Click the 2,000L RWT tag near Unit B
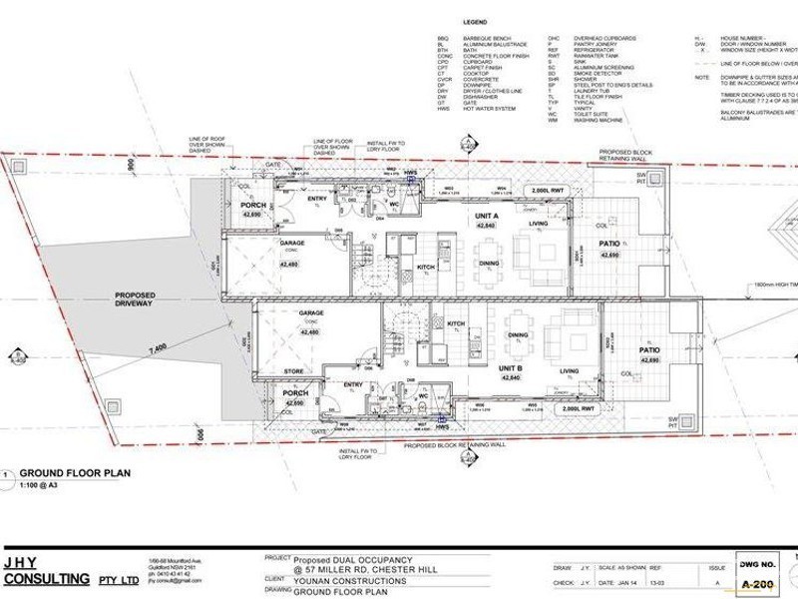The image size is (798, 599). [x=580, y=408]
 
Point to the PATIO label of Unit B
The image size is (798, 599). [x=649, y=351]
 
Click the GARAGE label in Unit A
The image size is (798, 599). [x=291, y=242]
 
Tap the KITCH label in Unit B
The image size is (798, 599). [x=457, y=324]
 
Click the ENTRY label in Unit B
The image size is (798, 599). [x=352, y=384]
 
